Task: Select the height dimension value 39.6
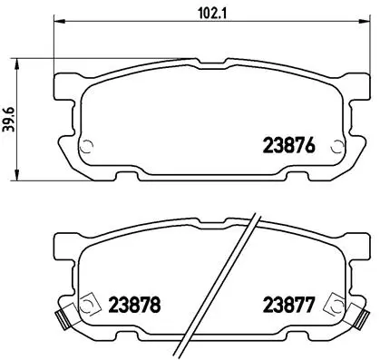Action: tap(10, 120)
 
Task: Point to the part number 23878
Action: tap(133, 305)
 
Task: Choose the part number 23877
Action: tap(287, 305)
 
